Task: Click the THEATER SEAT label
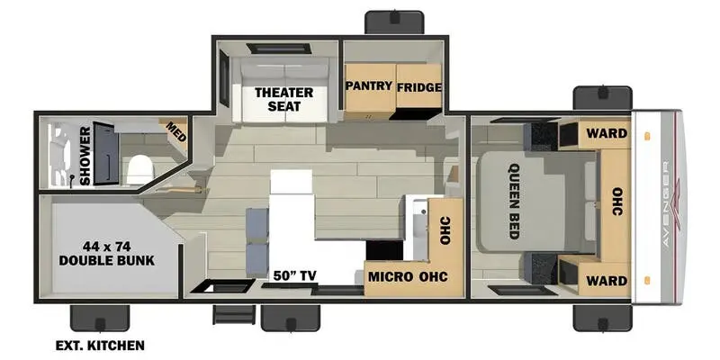click(283, 99)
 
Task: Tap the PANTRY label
click(369, 85)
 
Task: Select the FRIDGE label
click(419, 87)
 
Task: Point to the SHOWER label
click(85, 156)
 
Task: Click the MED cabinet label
click(175, 131)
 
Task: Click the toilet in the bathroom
click(139, 169)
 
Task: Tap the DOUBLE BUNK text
click(106, 261)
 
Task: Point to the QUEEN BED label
click(514, 201)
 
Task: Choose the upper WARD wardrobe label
click(606, 133)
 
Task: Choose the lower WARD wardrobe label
click(606, 281)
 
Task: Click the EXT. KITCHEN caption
click(100, 346)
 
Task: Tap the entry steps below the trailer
click(234, 314)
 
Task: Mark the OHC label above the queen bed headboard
click(617, 201)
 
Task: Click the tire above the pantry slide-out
click(394, 22)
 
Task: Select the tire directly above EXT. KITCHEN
click(100, 319)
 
